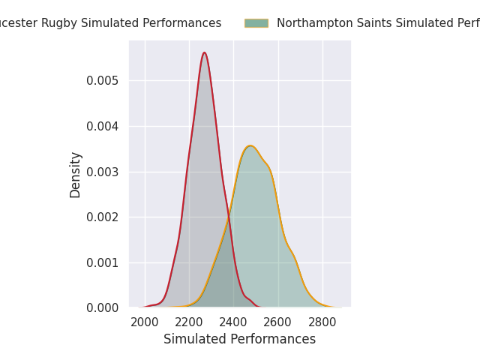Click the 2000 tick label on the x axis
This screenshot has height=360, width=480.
pyautogui.click(x=145, y=322)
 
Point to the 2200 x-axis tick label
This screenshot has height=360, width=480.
pyautogui.click(x=189, y=322)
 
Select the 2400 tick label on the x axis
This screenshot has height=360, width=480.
pyautogui.click(x=233, y=322)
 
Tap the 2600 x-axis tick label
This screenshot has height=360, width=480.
pyautogui.click(x=278, y=322)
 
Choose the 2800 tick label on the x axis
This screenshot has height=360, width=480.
pyautogui.click(x=322, y=322)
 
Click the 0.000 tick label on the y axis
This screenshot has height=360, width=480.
pyautogui.click(x=102, y=308)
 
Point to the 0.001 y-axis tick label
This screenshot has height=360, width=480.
pyautogui.click(x=102, y=262)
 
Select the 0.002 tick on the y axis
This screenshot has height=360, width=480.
pyautogui.click(x=102, y=217)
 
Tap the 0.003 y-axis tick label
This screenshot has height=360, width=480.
pyautogui.click(x=102, y=172)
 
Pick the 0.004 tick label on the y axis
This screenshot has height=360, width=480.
pyautogui.click(x=102, y=126)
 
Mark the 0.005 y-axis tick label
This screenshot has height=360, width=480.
pyautogui.click(x=102, y=80)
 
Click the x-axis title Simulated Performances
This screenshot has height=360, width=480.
pyautogui.click(x=239, y=340)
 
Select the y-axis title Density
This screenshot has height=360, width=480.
pyautogui.click(x=76, y=175)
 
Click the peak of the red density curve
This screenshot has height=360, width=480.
pyautogui.click(x=204, y=52)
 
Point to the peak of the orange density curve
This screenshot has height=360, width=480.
pyautogui.click(x=250, y=145)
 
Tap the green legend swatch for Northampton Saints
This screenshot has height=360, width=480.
pyautogui.click(x=256, y=23)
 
